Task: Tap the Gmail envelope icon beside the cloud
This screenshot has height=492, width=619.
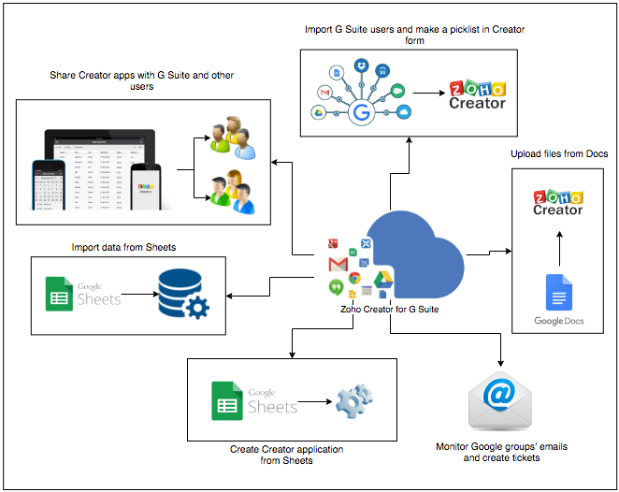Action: pyautogui.click(x=338, y=265)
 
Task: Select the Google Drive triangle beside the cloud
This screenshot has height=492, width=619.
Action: pyautogui.click(x=382, y=279)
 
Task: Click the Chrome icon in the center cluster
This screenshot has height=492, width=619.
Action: pyautogui.click(x=355, y=278)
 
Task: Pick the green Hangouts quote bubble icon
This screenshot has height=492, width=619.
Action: pyautogui.click(x=335, y=286)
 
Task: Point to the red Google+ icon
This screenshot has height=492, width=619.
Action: pyautogui.click(x=331, y=244)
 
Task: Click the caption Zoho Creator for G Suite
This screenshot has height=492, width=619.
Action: pyautogui.click(x=389, y=308)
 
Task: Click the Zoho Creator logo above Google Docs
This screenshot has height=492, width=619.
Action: pyautogui.click(x=557, y=201)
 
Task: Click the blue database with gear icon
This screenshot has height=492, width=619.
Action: pyautogui.click(x=183, y=294)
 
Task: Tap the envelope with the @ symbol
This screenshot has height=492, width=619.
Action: pyautogui.click(x=501, y=400)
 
